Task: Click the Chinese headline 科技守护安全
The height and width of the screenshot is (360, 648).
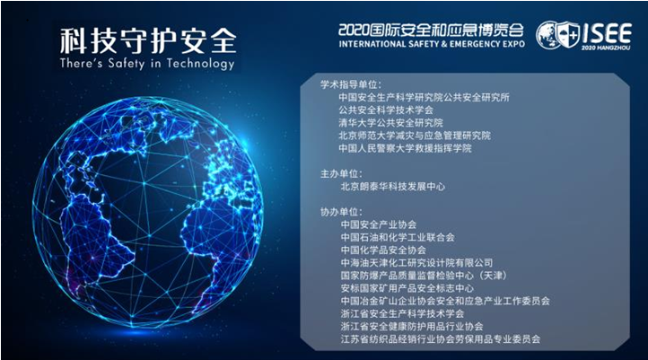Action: pyautogui.click(x=148, y=40)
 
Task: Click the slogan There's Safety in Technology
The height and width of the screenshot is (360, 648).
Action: pyautogui.click(x=147, y=64)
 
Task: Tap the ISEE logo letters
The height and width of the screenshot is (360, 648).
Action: pyautogui.click(x=607, y=33)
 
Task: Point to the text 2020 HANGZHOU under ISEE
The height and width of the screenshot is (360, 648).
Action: pyautogui.click(x=606, y=48)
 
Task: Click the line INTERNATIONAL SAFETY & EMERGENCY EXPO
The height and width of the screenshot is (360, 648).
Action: pyautogui.click(x=432, y=44)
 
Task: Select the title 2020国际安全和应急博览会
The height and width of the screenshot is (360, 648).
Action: pyautogui.click(x=431, y=31)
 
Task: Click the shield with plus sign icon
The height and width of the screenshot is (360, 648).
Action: pyautogui.click(x=567, y=35)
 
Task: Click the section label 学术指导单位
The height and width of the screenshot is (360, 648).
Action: pyautogui.click(x=351, y=84)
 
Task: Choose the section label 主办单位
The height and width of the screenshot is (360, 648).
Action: pyautogui.click(x=341, y=173)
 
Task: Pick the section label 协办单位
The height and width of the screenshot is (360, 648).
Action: pyautogui.click(x=341, y=212)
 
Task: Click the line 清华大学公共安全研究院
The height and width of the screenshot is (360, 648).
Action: pyautogui.click(x=390, y=123)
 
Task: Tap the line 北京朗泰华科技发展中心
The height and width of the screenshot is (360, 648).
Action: pyautogui.click(x=392, y=187)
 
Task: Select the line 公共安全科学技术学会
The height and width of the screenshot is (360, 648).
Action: pyautogui.click(x=386, y=110)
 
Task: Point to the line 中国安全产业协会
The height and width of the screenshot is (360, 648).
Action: pyautogui.click(x=379, y=224)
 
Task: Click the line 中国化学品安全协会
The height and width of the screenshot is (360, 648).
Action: pyautogui.click(x=383, y=250)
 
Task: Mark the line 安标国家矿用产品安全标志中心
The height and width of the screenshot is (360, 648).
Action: pyautogui.click(x=407, y=288)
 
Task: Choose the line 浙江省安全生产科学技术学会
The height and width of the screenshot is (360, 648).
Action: pyautogui.click(x=402, y=313)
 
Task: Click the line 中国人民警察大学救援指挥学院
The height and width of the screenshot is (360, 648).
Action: pyautogui.click(x=405, y=148)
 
